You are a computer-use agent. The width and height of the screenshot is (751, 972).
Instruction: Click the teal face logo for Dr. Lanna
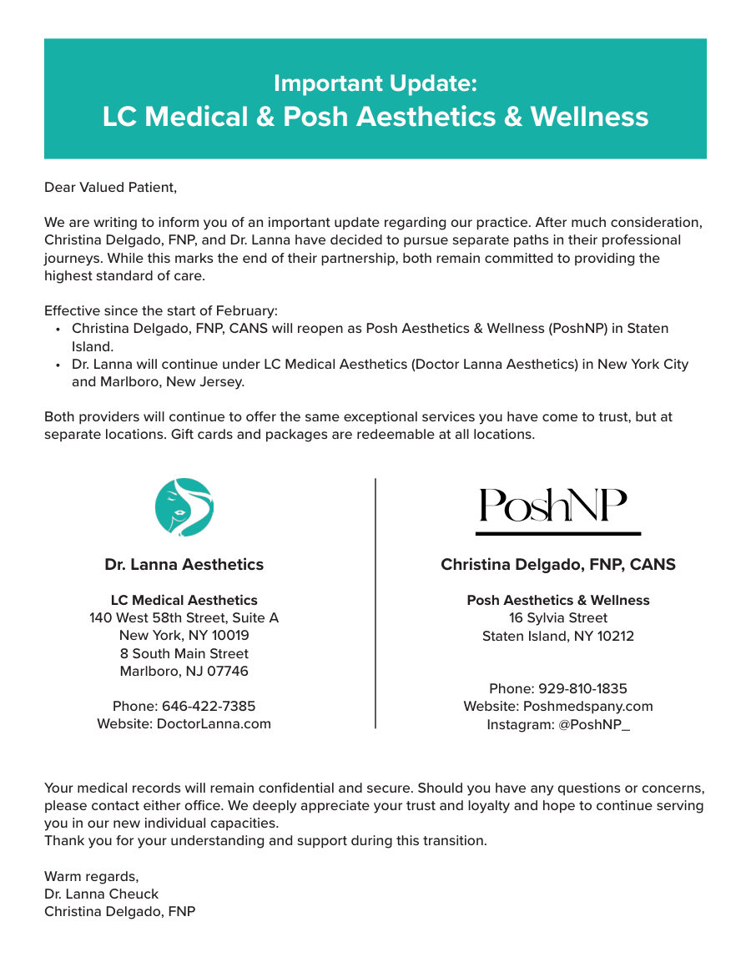point(184,507)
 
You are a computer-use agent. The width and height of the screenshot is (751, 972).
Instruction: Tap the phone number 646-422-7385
point(209,706)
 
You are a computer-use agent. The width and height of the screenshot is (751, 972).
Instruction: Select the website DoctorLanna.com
point(214,723)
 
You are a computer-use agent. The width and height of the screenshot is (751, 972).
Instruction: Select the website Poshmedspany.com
point(587,706)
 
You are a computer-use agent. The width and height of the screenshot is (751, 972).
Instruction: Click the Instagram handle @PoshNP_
point(593,724)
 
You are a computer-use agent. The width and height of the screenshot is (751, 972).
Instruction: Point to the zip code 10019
point(230,636)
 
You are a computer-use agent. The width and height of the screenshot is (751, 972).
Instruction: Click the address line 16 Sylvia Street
point(557,617)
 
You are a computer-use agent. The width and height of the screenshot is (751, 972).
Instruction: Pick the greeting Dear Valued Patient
point(110,187)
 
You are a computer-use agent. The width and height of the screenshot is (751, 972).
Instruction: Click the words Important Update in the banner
point(375,83)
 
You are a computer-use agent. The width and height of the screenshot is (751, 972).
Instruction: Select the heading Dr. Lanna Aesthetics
point(184,565)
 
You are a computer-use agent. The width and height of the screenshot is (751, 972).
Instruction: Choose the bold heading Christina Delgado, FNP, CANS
point(557,565)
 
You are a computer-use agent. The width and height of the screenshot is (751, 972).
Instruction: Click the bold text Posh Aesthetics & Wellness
point(557,600)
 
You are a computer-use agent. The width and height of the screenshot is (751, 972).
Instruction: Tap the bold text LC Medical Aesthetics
point(184,600)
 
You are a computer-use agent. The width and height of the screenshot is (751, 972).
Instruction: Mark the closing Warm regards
point(91,876)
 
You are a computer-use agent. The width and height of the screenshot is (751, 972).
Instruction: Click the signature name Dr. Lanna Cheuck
point(101,894)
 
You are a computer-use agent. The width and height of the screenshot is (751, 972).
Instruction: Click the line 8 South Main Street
point(184,653)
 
